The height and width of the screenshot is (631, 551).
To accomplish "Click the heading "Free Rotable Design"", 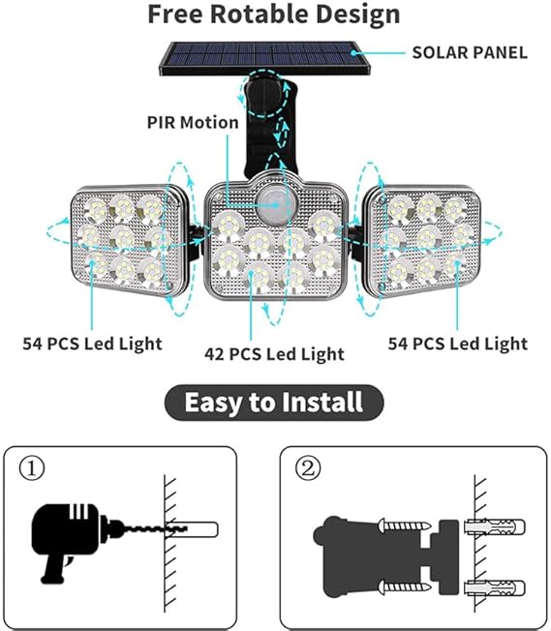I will point(273,15).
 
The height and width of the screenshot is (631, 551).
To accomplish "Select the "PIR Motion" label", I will point(192,122).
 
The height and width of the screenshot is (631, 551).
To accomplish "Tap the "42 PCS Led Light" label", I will point(274,353).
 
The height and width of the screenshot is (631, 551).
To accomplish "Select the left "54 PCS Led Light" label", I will point(93,343).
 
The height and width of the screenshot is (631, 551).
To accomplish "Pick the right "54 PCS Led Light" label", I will point(457,343).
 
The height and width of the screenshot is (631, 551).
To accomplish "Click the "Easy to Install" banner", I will point(274,401).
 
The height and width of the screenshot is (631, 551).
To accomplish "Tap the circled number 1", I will point(32,469).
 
